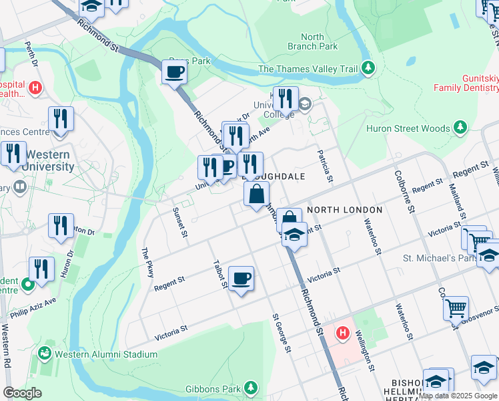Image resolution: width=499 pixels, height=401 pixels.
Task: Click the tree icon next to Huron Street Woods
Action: click(x=460, y=128)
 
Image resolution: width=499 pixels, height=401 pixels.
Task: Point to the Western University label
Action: click(x=46, y=160)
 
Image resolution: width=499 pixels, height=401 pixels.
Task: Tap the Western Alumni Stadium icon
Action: click(x=46, y=352)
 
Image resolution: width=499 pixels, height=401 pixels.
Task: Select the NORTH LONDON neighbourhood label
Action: click(x=344, y=210)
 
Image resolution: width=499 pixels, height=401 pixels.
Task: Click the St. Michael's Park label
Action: click(x=438, y=258)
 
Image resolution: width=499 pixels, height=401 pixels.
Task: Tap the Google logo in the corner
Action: click(x=22, y=393)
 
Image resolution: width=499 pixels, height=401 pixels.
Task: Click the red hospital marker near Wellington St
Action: click(x=343, y=332)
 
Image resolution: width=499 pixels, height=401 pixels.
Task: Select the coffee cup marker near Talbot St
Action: click(x=241, y=277)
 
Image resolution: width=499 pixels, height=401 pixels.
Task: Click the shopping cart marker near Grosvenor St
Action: click(x=456, y=308)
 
